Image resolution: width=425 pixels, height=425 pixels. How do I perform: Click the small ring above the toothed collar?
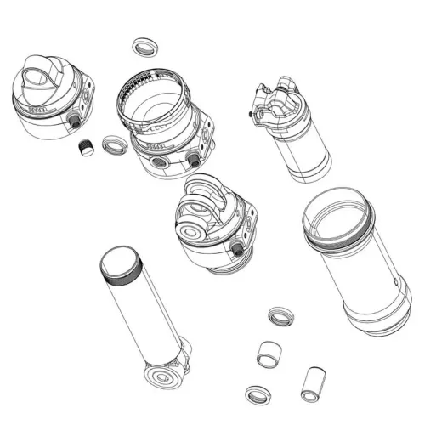point(144,47)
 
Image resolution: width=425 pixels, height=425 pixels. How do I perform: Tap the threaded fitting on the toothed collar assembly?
point(194,159)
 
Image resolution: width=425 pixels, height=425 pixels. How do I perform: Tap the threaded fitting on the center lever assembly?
point(239,249)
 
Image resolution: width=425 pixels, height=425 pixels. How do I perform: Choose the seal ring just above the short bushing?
point(278,317)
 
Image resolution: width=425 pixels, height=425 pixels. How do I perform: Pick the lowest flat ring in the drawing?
point(254,393)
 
